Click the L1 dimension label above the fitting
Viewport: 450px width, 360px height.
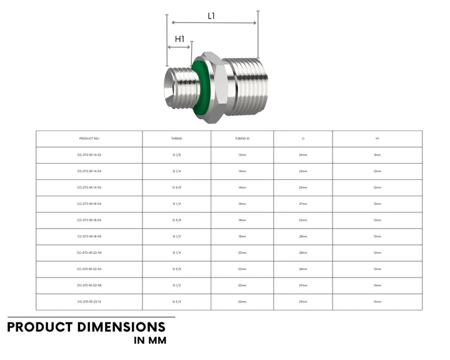211,16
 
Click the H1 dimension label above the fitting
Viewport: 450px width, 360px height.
179,39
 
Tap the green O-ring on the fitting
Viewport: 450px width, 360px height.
200,87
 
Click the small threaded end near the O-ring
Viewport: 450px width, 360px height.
179,86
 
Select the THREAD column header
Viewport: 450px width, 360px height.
176,139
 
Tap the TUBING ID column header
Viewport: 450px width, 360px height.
242,139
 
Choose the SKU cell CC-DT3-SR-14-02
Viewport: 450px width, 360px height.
89,155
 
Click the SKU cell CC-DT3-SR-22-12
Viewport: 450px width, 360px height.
89,302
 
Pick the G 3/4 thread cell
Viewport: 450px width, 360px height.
176,302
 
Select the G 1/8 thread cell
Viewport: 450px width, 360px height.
176,155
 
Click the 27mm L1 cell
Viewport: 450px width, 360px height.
303,204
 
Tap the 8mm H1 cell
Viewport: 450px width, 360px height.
377,155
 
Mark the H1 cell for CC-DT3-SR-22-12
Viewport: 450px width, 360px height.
377,302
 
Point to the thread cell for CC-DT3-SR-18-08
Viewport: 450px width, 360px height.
176,237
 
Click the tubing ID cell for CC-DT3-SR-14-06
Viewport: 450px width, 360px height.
242,187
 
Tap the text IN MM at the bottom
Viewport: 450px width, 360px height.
150,341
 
